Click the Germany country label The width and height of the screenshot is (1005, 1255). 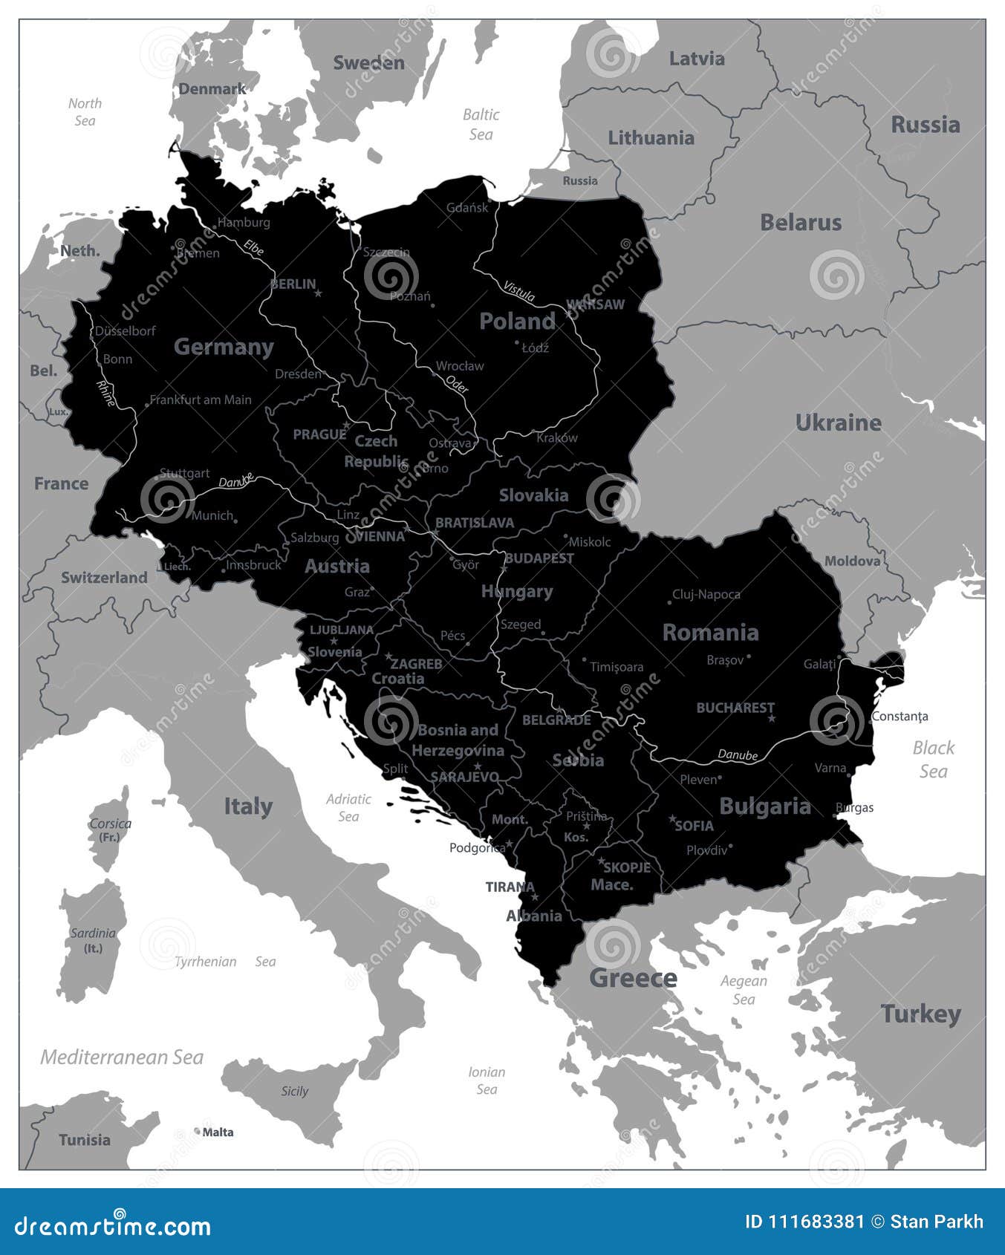(224, 347)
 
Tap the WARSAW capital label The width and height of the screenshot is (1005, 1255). (596, 304)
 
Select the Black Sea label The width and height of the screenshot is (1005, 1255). (934, 759)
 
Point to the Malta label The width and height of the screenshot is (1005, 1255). (218, 1132)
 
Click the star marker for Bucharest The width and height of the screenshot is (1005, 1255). (772, 718)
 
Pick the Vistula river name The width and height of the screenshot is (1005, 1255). (519, 290)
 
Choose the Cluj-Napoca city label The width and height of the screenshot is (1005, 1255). (706, 594)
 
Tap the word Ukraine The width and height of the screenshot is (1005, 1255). (838, 423)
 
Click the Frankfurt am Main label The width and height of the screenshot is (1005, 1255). (201, 400)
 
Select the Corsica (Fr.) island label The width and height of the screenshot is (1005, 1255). (110, 829)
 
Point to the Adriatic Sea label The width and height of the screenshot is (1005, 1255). (348, 807)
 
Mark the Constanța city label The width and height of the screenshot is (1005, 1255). (900, 717)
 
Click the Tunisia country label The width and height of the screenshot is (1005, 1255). (85, 1139)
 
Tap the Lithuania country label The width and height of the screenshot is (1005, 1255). (651, 137)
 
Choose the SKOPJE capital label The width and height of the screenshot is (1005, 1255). (627, 867)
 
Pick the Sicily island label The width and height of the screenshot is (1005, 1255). (294, 1091)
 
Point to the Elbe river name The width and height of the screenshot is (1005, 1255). (253, 247)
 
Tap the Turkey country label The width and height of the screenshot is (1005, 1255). (920, 1014)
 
